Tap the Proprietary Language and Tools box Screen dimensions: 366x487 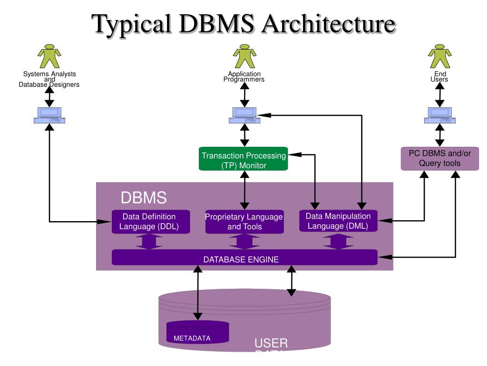(x=244, y=222)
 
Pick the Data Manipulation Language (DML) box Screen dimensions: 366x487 (x=338, y=221)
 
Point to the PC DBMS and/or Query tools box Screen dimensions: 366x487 (x=439, y=158)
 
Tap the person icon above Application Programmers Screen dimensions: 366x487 (x=244, y=56)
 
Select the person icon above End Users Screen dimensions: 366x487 (x=439, y=56)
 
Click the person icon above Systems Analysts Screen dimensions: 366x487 (x=49, y=56)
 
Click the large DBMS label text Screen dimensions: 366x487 (x=143, y=198)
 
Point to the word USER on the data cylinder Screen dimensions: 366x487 (x=271, y=344)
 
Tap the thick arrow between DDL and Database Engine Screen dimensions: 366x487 (x=149, y=241)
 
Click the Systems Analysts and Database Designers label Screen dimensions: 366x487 (x=49, y=80)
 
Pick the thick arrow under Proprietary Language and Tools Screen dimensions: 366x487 (x=244, y=241)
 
